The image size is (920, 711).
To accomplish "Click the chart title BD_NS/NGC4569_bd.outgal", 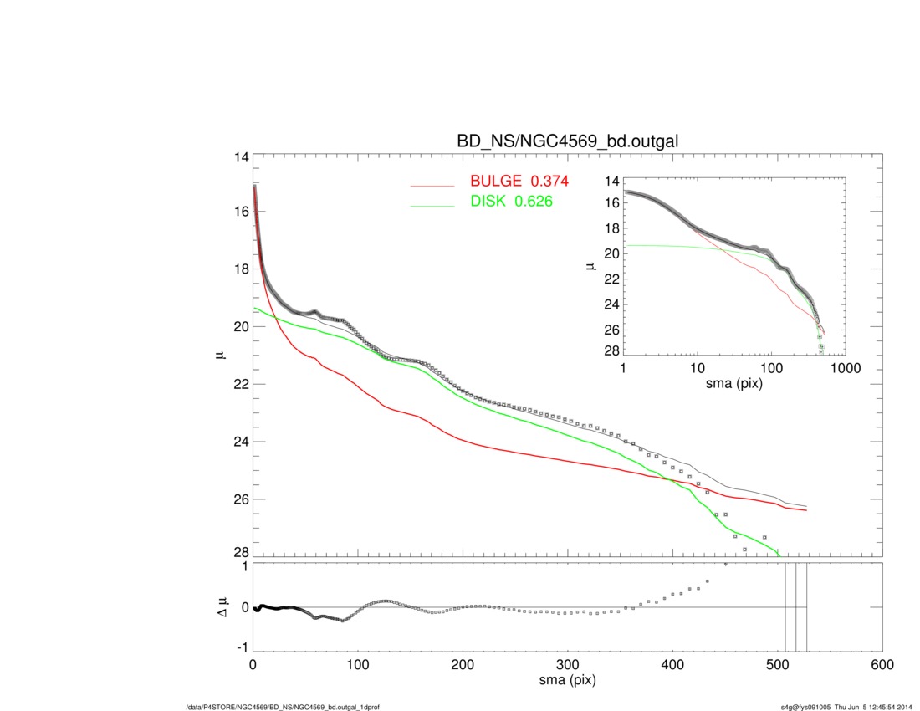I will coord(567,142).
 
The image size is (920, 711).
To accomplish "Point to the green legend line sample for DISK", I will coord(432,203).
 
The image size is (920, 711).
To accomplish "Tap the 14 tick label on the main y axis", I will coord(241,158).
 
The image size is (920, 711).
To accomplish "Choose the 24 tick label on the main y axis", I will coord(241,442).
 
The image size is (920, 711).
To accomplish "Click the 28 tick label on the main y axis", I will coord(241,553).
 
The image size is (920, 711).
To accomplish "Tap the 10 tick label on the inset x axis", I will coord(697,368).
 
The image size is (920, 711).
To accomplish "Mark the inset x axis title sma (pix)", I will coord(734,384).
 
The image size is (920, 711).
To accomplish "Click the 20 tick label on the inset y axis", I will coord(611,253).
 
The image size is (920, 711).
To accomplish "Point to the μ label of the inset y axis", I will coord(590,267).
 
